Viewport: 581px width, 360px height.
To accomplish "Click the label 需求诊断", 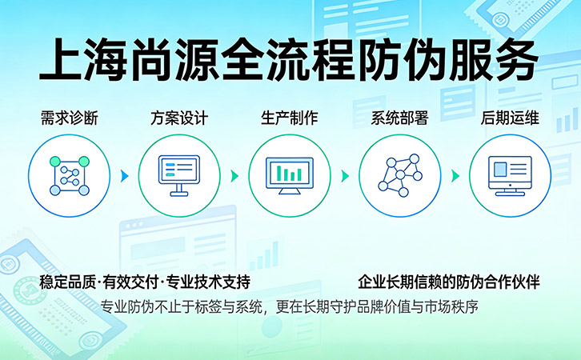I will pos(69,118).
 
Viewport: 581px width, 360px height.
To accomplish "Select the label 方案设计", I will pos(179,118).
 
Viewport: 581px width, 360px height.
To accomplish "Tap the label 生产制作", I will pos(289,118).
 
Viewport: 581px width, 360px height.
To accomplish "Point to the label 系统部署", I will pos(399,118).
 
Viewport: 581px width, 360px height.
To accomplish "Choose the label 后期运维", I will pos(510,118).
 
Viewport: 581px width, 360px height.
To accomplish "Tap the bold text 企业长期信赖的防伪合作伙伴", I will pos(449,282).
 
